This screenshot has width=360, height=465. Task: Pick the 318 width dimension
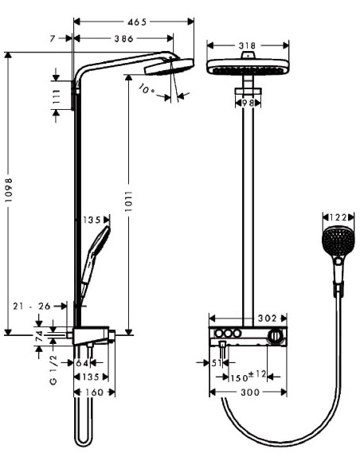pos(248,46)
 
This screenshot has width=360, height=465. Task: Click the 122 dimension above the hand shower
pos(337,217)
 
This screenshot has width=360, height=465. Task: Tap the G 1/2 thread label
pos(53,372)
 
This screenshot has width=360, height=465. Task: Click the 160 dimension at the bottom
pos(95,392)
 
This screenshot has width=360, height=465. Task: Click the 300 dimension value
pos(248,392)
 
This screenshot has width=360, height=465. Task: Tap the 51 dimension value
pos(217,363)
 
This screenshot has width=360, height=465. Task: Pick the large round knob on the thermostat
pos(276,337)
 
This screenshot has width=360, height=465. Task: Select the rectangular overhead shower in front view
pos(248,68)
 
